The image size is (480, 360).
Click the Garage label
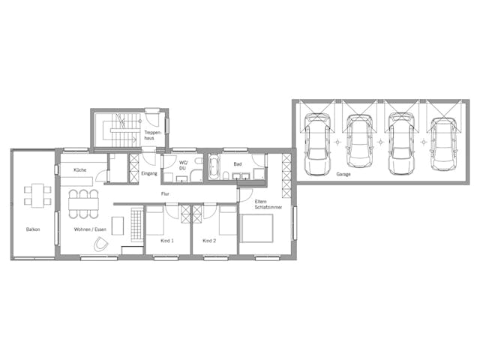coord(343,174)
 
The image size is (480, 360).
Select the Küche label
coord(80,170)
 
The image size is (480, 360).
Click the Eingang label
coord(149,174)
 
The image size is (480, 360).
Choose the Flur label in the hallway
coord(165,194)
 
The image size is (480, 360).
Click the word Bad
coord(237,163)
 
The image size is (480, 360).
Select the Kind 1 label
coord(167,241)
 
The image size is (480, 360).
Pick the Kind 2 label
coord(210,241)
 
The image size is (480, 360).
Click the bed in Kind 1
coord(155,221)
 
